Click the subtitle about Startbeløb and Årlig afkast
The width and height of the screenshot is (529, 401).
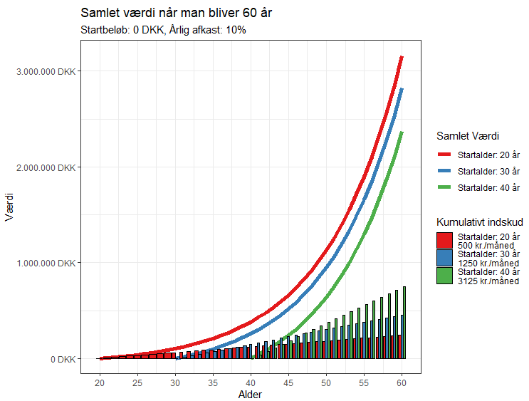tap(163, 31)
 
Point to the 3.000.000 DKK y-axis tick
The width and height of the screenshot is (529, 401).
tap(48, 71)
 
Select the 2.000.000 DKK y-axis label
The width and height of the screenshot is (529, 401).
tap(48, 167)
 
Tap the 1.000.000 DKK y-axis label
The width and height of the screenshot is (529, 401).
tap(48, 263)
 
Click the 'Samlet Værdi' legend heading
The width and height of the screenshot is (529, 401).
tap(467, 136)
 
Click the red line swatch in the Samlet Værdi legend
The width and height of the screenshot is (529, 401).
tap(444, 154)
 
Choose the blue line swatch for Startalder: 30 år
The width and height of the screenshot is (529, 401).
tap(444, 171)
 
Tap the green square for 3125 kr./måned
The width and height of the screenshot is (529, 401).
tap(444, 276)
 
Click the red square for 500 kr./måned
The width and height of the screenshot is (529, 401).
tap(444, 240)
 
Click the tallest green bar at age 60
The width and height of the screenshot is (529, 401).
tap(404, 323)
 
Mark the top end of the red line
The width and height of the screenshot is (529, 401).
tap(402, 57)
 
